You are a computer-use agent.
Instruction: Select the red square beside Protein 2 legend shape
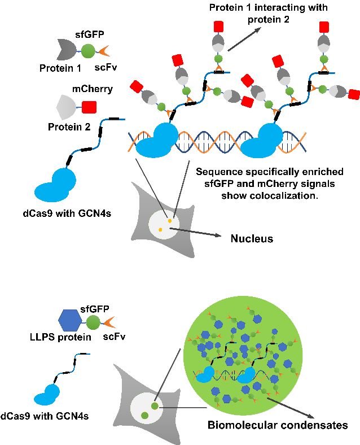pos(89,106)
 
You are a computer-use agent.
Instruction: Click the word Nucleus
pos(252,239)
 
